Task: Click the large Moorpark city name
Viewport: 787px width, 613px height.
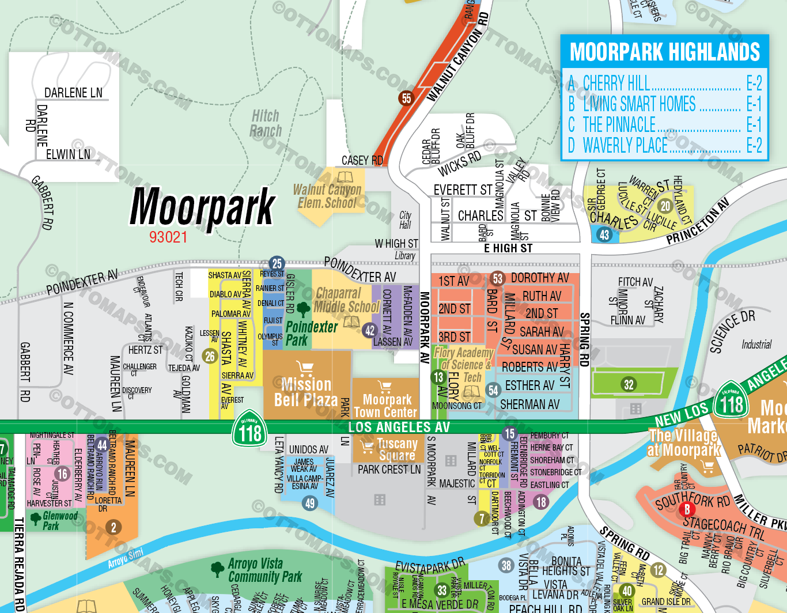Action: coord(202,207)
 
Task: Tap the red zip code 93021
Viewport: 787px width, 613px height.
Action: coord(168,237)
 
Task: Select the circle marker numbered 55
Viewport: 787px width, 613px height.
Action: coord(406,98)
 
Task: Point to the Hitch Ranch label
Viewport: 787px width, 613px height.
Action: coord(266,124)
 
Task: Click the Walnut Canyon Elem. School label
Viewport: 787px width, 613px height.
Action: coord(327,196)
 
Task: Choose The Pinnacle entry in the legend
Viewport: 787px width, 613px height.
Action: coord(619,124)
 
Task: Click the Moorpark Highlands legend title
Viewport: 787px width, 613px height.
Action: coord(664,52)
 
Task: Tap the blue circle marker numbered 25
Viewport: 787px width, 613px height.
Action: coord(277,264)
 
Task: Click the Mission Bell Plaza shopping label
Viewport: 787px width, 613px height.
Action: coord(306,392)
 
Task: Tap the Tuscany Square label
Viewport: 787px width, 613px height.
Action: coord(396,449)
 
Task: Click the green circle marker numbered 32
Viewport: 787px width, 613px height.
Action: coord(629,384)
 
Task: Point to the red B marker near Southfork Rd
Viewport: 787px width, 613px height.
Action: coord(686,509)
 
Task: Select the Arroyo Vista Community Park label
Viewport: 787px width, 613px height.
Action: coord(264,570)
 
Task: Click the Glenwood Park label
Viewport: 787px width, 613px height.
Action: coord(59,520)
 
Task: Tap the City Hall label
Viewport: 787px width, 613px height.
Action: coord(405,220)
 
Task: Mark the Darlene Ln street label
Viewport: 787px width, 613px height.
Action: coord(73,93)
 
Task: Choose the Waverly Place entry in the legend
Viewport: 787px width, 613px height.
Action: coord(625,146)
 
